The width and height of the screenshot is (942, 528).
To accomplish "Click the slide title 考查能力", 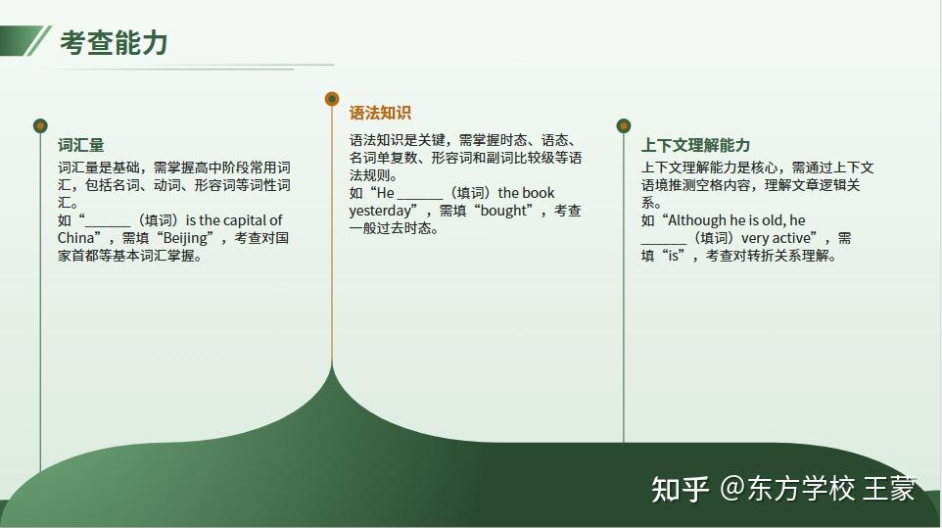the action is coord(114,43).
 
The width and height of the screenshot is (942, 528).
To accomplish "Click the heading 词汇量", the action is coord(81,145).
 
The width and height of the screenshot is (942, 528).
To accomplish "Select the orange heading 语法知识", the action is coord(380,113).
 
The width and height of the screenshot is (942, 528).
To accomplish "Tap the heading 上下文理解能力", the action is coord(695,145).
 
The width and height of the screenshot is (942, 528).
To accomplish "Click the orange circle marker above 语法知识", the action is coord(332,99).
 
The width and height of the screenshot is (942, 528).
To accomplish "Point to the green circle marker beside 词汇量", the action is coord(40,125).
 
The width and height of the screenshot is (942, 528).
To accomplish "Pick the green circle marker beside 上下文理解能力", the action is coord(624,125).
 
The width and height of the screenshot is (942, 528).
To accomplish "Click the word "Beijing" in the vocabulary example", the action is coord(185,238).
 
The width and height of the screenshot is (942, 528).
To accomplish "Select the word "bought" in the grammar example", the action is coord(503,211).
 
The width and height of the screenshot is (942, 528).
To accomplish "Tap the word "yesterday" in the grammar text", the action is coord(380,212).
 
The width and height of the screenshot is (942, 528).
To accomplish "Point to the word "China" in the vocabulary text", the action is coord(75,238).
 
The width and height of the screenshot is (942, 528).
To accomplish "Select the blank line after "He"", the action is coord(420,198).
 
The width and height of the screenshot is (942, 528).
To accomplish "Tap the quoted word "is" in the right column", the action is coord(674,256).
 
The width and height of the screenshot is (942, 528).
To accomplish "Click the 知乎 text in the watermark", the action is coord(681,489).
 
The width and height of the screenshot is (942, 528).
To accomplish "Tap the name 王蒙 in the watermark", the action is coord(890,489).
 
